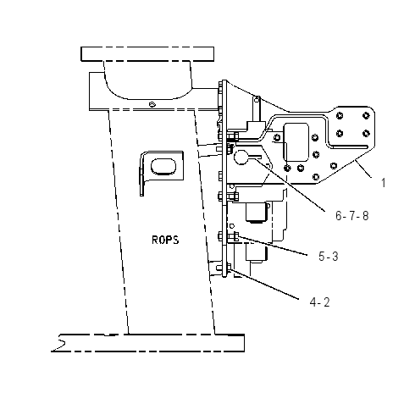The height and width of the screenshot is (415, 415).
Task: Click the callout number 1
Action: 383,183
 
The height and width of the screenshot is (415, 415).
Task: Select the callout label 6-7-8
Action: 352,216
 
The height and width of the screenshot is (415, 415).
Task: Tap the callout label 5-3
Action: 329,257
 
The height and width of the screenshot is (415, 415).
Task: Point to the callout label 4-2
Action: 319,302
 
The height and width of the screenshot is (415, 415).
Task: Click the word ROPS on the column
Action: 165,240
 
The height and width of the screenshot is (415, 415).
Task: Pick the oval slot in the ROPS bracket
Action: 163,166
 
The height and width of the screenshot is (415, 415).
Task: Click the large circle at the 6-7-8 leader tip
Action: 241,158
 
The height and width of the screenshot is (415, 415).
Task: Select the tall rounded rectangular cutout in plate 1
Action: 296,142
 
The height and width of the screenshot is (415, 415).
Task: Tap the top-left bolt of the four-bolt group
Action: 340,115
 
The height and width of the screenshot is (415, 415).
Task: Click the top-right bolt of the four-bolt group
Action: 366,115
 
